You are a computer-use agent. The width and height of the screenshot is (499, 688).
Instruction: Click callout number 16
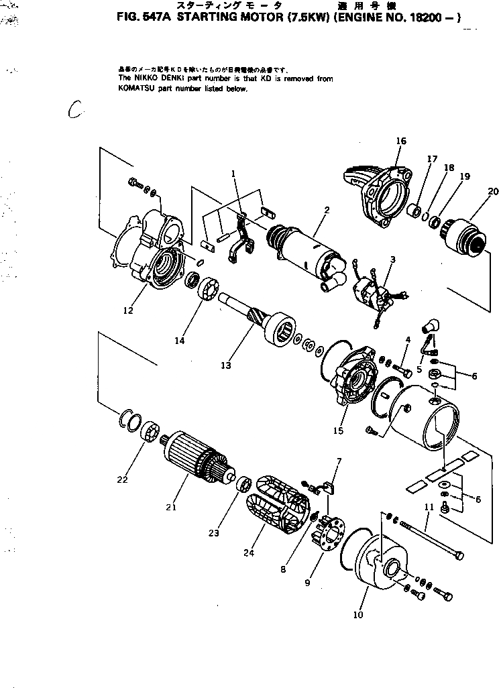click(x=400, y=141)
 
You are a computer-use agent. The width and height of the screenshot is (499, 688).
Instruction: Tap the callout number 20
click(x=493, y=191)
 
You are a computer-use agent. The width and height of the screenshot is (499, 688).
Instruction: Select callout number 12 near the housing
click(x=128, y=310)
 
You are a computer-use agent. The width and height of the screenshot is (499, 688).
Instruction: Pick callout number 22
click(x=121, y=479)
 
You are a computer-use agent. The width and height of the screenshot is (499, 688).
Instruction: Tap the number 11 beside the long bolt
click(x=430, y=508)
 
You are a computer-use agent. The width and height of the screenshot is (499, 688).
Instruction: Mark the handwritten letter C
click(x=74, y=110)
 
